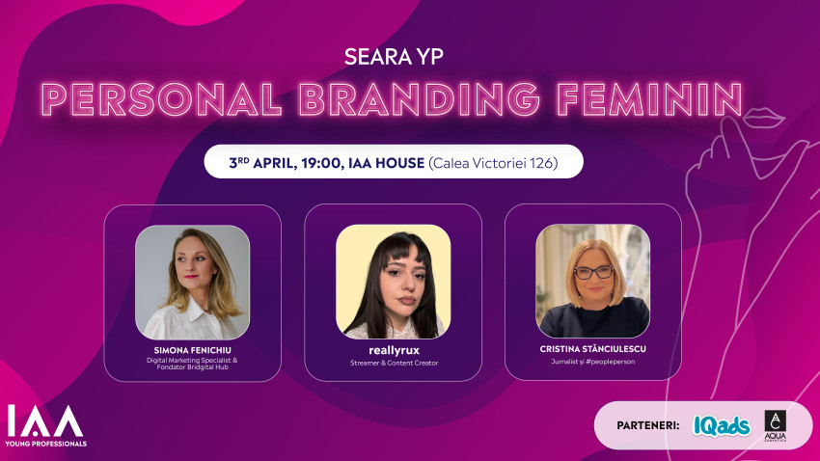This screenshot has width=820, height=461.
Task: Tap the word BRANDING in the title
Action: click(410, 100)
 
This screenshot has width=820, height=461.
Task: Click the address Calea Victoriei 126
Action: click(493, 163)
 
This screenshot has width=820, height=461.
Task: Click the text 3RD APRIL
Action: click(261, 163)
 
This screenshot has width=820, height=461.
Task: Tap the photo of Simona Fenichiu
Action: click(192, 282)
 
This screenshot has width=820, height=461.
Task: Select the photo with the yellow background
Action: click(393, 282)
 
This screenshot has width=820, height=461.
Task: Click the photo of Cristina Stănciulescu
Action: click(592, 282)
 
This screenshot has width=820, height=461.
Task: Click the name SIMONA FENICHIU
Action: click(193, 349)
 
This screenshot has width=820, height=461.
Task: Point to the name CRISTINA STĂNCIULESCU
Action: click(593, 349)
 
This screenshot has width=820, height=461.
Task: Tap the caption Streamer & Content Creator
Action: click(393, 363)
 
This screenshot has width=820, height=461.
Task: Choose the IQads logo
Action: click(721, 425)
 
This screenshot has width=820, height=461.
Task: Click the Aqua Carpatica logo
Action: click(774, 425)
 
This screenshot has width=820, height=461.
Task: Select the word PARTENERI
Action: click(648, 425)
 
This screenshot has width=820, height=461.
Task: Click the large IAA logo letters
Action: click(44, 421)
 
